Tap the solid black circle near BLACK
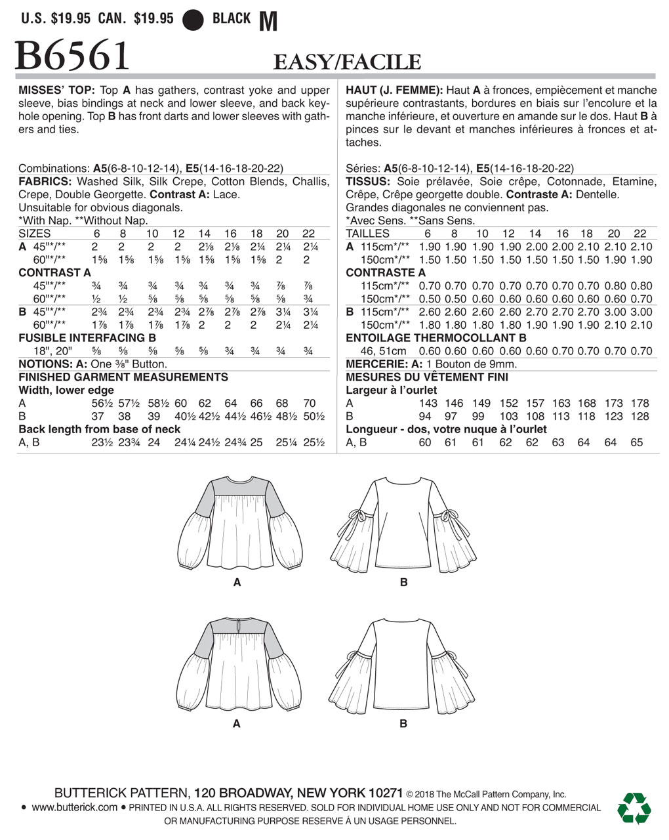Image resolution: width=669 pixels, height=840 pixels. click(193, 19)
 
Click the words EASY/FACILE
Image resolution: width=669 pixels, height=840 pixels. click(346, 62)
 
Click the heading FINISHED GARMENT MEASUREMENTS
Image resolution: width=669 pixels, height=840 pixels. click(123, 377)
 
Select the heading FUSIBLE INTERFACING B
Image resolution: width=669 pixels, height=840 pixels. click(82, 338)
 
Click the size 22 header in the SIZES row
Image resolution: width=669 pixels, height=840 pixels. click(308, 234)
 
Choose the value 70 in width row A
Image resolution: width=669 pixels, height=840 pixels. click(309, 404)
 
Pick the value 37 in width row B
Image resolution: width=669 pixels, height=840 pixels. click(97, 417)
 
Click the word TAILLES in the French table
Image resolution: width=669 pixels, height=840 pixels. click(367, 234)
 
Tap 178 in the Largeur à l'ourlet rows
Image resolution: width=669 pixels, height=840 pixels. click(639, 404)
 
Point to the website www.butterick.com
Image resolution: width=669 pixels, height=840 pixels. click(74, 807)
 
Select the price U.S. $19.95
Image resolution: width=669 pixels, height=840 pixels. click(55, 18)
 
